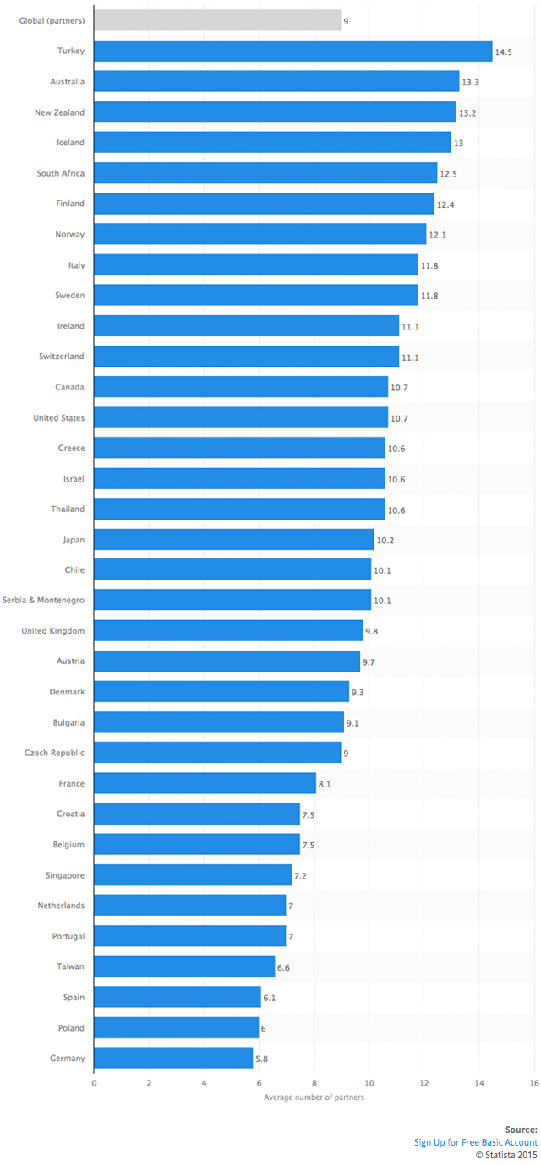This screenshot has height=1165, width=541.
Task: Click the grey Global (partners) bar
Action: point(217,20)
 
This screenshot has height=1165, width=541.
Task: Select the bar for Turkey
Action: point(293,51)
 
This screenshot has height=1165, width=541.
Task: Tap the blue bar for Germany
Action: point(173,1058)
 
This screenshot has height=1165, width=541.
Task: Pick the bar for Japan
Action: point(234,539)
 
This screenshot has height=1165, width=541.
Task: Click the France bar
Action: point(205,783)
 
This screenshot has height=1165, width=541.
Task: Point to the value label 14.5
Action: point(504,52)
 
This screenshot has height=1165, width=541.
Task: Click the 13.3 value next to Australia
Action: point(470,82)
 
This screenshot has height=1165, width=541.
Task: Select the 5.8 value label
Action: point(262,1059)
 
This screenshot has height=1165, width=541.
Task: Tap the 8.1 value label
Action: point(325,784)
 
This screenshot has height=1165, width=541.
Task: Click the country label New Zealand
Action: point(59,112)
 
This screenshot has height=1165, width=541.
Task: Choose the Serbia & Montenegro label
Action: point(43,600)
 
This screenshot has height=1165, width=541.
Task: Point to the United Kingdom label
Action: point(53,631)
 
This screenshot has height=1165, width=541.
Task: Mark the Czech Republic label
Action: point(54,753)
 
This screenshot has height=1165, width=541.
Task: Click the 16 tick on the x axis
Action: point(534,1083)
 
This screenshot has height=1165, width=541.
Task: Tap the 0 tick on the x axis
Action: point(94,1083)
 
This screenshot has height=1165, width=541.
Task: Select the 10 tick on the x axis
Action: point(369,1083)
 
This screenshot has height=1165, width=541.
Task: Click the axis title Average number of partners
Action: point(314,1097)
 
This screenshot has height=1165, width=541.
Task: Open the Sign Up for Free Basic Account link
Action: point(476,1142)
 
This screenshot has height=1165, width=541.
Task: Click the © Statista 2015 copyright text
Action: point(506,1155)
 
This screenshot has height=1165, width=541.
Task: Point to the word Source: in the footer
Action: point(522,1130)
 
